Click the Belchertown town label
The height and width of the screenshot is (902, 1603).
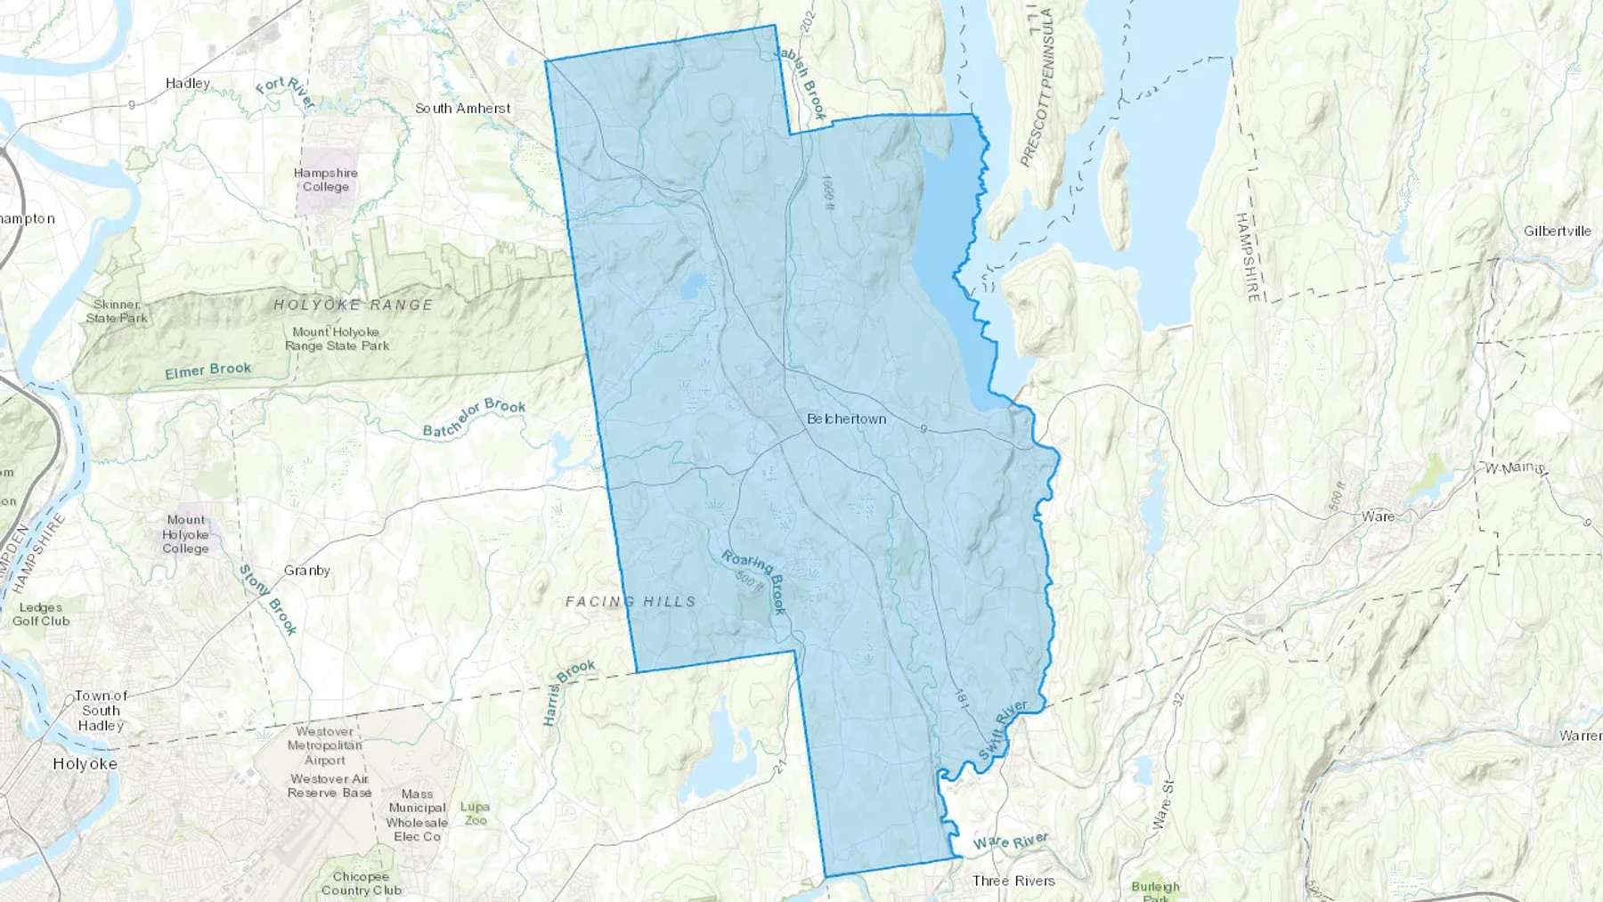pos(846,418)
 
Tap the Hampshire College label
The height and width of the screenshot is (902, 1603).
pos(326,180)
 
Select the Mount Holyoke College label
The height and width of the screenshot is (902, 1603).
pos(185,534)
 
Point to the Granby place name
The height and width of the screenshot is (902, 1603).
pos(307,571)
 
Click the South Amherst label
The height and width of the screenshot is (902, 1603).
pos(462,109)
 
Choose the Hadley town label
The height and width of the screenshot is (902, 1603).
pos(188,84)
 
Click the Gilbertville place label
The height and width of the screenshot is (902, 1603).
pos(1557,232)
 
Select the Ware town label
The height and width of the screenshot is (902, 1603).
pos(1378,516)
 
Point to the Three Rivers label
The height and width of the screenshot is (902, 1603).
pos(1013,881)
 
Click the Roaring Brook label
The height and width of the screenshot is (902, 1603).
pos(754,581)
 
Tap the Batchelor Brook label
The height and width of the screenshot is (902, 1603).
pos(474,418)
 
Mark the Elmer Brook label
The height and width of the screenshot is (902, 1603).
pos(207,370)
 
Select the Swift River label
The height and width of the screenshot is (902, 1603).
pos(1003,730)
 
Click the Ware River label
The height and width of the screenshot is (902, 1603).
pos(1010,841)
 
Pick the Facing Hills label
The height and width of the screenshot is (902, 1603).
pos(631,602)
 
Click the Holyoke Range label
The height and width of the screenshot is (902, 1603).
pos(354,305)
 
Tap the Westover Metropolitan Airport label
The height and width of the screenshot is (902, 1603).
pos(325,746)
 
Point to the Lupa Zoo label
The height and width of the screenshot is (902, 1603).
pos(475,813)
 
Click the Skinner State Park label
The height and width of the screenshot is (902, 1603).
pos(117,312)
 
